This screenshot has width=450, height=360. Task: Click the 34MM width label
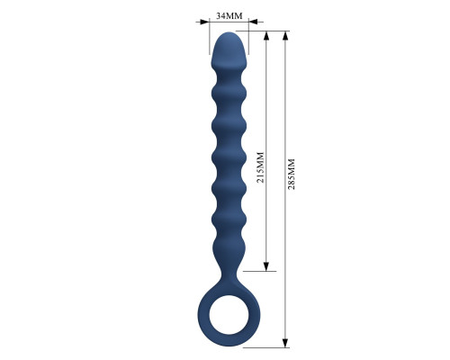tap(229, 15)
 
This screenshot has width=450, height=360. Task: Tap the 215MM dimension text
tap(260, 167)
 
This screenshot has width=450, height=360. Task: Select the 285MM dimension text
tap(292, 174)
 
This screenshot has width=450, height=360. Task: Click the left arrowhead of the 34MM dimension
tap(204, 22)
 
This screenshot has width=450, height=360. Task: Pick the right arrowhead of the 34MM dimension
tap(253, 22)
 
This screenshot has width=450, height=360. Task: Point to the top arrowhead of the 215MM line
tap(266, 36)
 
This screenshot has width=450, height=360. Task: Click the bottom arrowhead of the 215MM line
tap(266, 266)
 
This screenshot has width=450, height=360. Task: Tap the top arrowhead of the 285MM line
tap(285, 36)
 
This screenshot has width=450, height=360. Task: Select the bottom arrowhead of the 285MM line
tap(285, 343)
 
